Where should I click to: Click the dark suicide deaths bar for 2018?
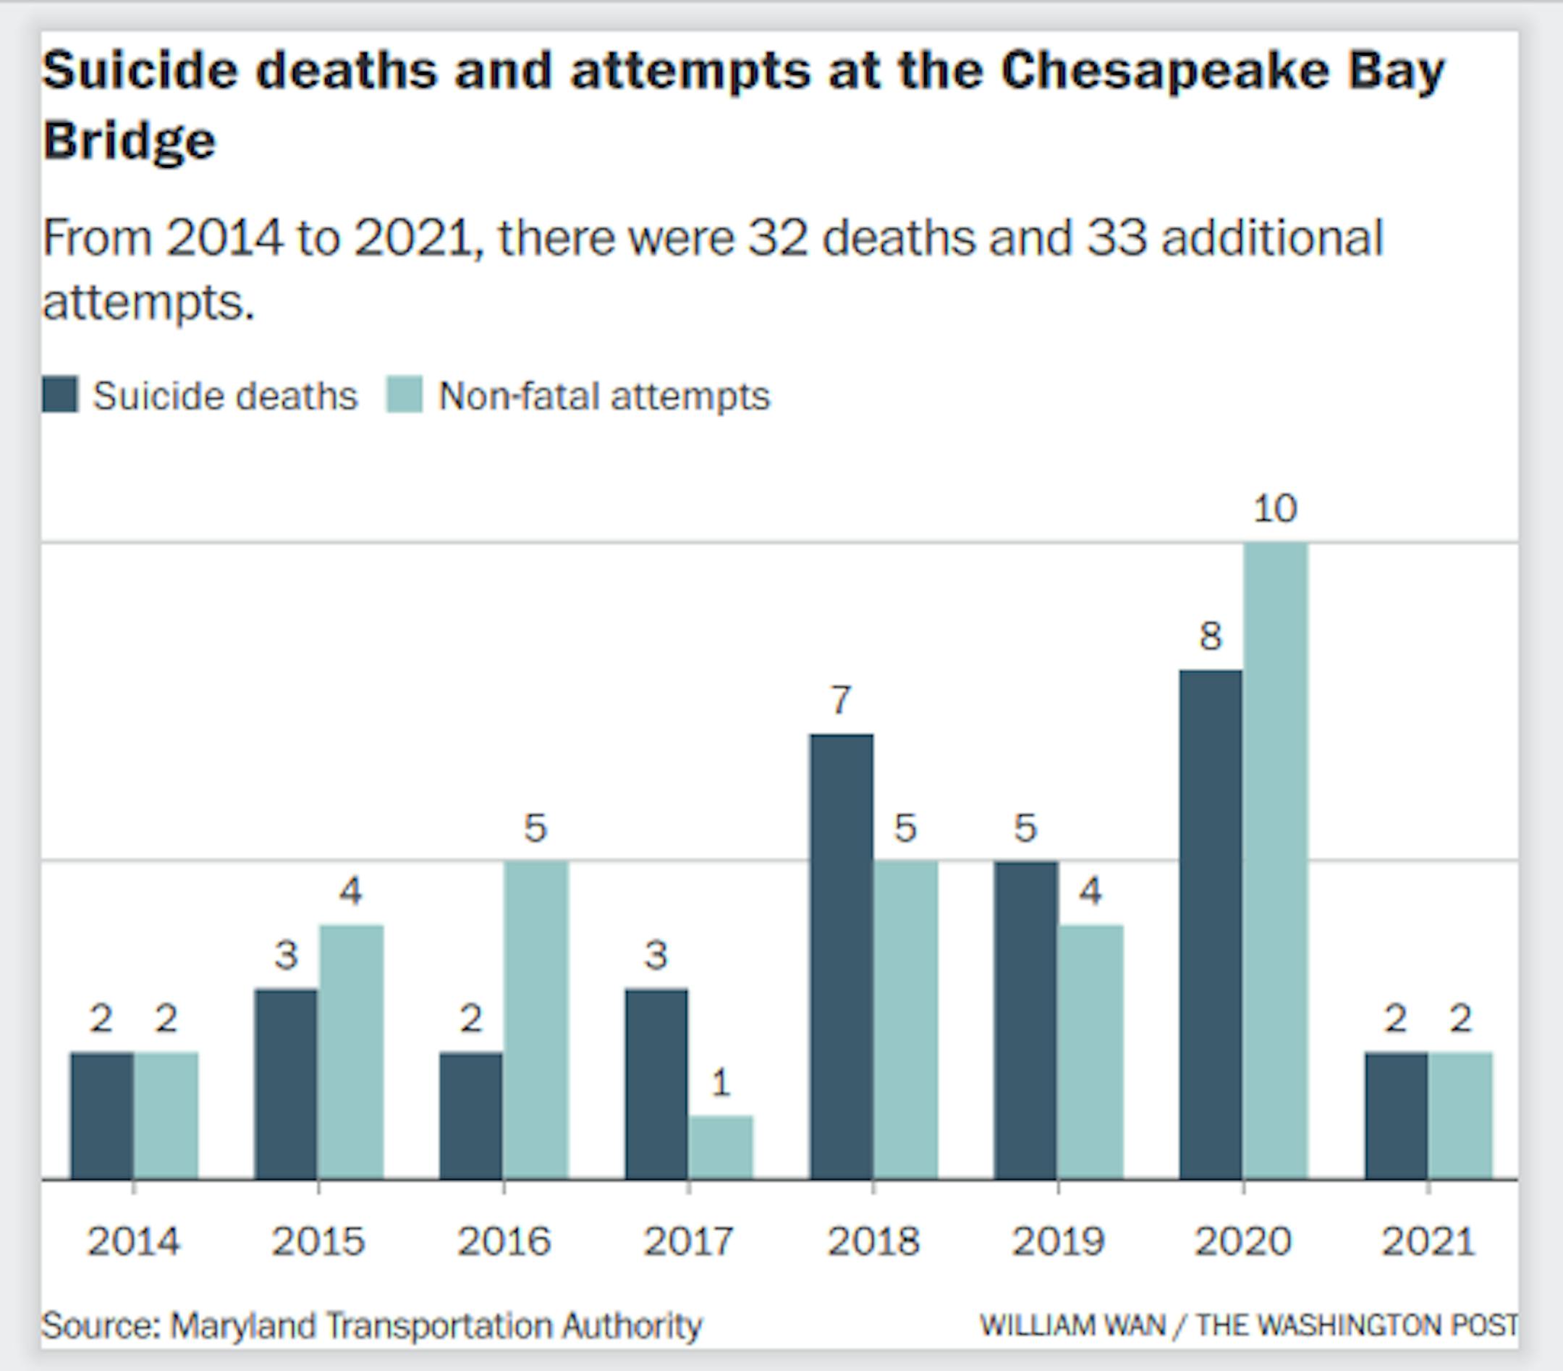(x=841, y=956)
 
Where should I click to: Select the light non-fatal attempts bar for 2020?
(x=1276, y=861)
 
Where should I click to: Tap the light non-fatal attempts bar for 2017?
(x=720, y=1147)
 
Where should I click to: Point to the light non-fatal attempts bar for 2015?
(x=351, y=1052)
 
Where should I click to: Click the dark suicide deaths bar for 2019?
(x=1025, y=1020)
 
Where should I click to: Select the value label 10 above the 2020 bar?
(x=1275, y=509)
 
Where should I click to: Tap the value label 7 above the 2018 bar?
(x=840, y=700)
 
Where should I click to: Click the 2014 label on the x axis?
(x=134, y=1241)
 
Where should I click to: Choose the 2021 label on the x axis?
(x=1428, y=1241)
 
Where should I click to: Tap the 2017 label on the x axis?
(x=688, y=1241)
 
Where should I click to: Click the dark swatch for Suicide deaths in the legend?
(x=59, y=395)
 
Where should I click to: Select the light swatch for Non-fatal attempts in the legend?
(x=404, y=395)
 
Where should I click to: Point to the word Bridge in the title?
(x=130, y=140)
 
